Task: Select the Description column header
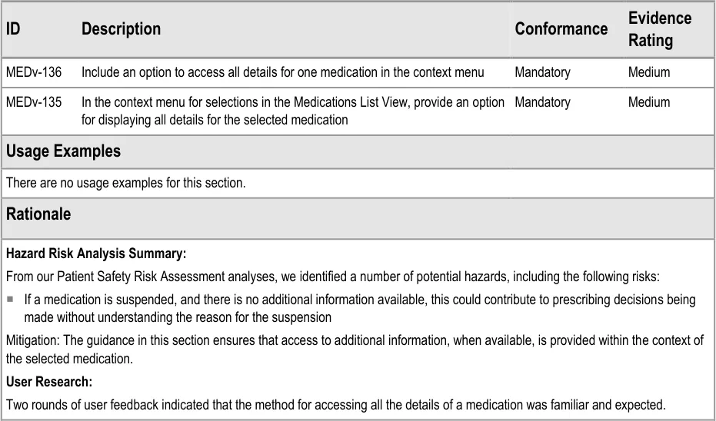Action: click(121, 29)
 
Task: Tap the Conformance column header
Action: click(561, 29)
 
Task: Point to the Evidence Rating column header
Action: click(659, 29)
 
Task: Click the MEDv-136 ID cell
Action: click(33, 72)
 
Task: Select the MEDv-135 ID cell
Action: click(33, 102)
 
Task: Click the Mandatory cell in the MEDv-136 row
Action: click(542, 72)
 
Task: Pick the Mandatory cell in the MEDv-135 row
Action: click(542, 102)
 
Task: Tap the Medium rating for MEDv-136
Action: click(648, 72)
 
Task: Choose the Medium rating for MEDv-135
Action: click(648, 102)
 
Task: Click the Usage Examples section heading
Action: click(63, 151)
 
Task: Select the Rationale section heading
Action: click(38, 214)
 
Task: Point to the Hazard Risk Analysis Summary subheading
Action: click(96, 253)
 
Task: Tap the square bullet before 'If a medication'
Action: click(12, 300)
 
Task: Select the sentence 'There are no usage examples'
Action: click(125, 183)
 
